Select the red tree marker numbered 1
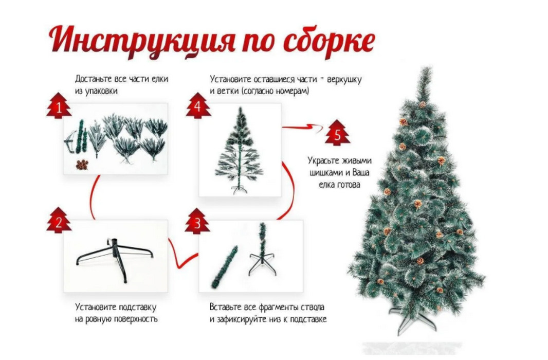click(59, 105)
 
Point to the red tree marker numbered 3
click(197, 221)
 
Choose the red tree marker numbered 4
click(198, 105)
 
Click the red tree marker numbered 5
click(337, 133)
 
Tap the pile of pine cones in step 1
click(82, 165)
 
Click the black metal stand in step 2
click(115, 258)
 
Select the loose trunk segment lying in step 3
click(224, 267)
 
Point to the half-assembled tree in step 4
click(240, 150)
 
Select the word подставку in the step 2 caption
click(137, 308)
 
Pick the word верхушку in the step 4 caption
click(344, 79)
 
